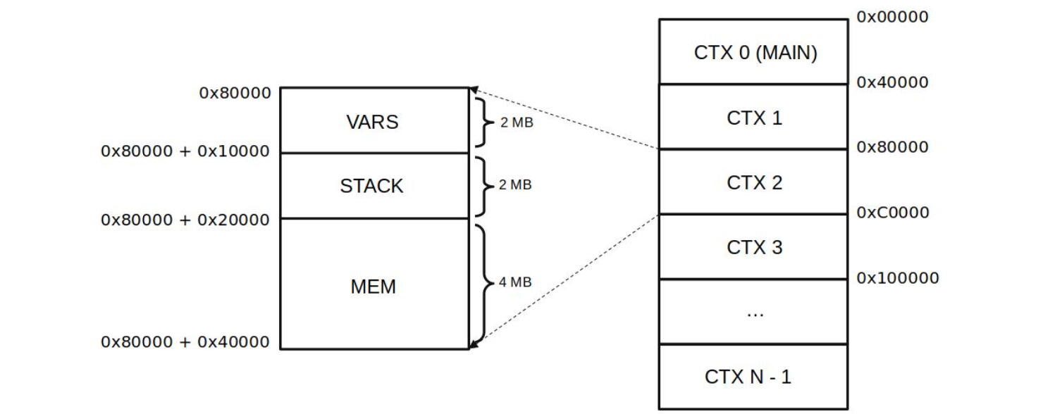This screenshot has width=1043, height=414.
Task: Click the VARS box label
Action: [372, 122]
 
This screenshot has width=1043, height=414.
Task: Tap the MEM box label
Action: [373, 287]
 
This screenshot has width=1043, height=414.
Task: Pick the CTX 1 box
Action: [754, 118]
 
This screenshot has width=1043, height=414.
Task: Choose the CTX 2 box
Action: [754, 183]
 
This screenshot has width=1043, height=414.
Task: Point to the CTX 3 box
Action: [754, 248]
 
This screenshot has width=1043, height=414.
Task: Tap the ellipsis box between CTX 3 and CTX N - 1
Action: [754, 312]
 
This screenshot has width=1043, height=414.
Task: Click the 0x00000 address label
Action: [892, 17]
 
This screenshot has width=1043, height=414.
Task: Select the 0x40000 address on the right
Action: [892, 82]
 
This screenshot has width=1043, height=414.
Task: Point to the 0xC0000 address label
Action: [892, 212]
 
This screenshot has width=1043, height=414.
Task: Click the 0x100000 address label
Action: [897, 278]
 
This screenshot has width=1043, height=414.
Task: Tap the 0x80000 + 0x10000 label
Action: [185, 151]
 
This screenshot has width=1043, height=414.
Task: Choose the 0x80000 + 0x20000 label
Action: [185, 220]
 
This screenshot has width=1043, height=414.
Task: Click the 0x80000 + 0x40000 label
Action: [185, 342]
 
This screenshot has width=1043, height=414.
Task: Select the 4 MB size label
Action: [514, 282]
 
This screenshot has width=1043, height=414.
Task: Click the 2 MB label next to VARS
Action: [516, 123]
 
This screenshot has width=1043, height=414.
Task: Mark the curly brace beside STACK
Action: [483, 186]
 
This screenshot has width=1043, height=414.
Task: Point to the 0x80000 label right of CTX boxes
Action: [892, 147]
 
